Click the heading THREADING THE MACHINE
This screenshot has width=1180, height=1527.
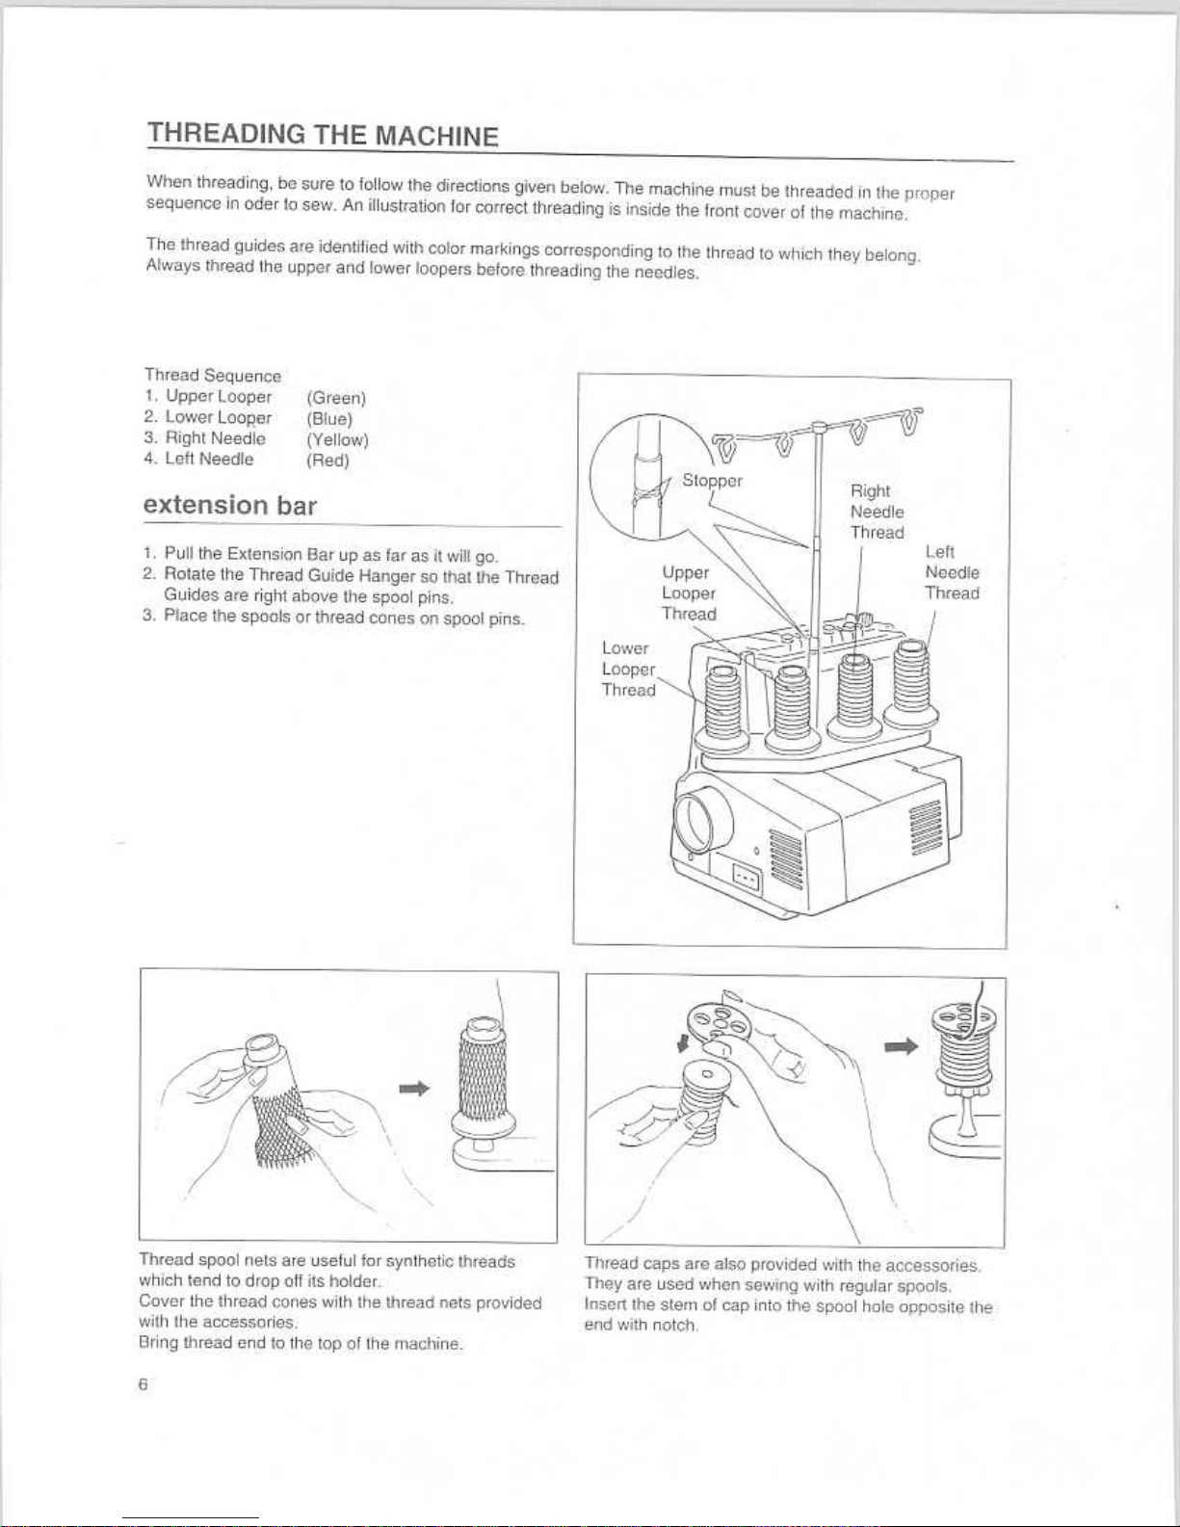tap(323, 135)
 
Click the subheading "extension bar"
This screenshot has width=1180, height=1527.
tap(229, 505)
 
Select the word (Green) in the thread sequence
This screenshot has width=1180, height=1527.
tap(336, 398)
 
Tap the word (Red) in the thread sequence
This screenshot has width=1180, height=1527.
tap(328, 461)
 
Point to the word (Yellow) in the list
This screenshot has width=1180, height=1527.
tap(337, 439)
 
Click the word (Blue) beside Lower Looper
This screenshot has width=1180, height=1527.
tap(329, 419)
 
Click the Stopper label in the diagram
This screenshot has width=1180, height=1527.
tap(712, 481)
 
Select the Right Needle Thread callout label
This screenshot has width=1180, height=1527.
tap(877, 512)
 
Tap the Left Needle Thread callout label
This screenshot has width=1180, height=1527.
tap(952, 572)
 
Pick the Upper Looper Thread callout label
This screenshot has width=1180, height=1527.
tap(689, 593)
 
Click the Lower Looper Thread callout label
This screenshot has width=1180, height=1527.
tap(628, 669)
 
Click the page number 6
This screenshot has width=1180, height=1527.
tap(143, 1384)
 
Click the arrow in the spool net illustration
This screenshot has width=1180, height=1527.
tap(413, 1088)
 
